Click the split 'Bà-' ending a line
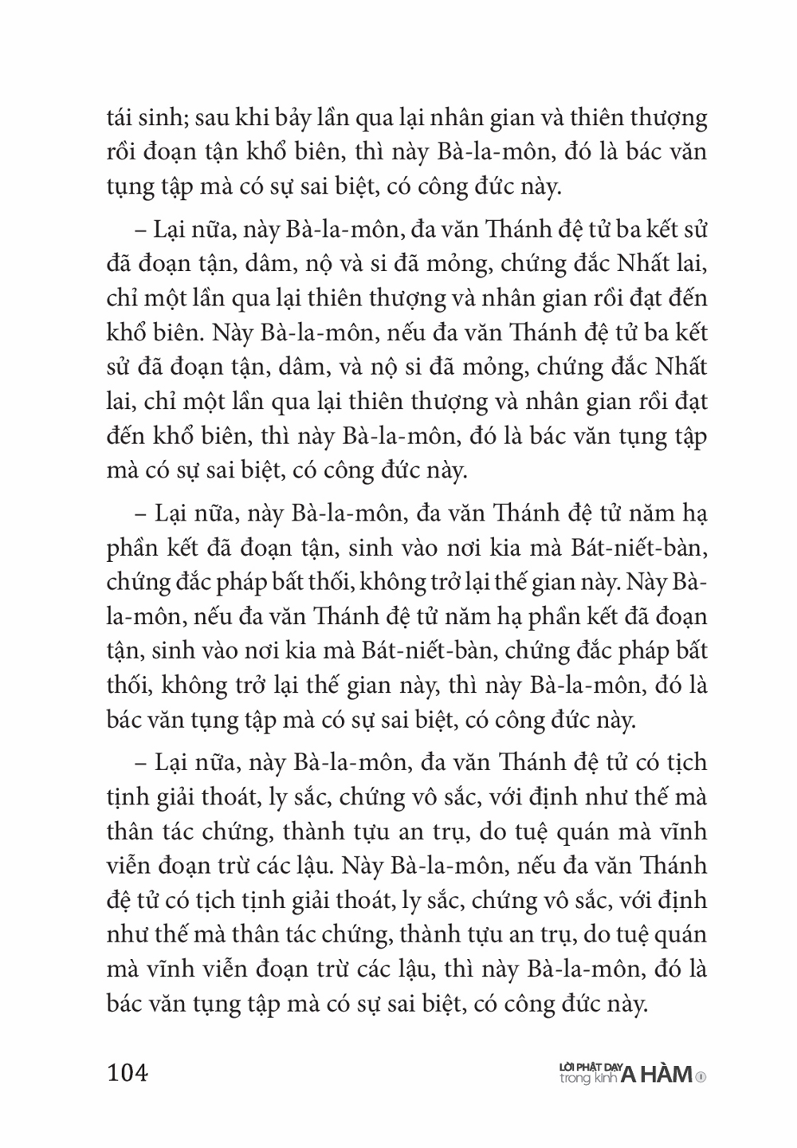(x=691, y=581)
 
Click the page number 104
(x=128, y=1073)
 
